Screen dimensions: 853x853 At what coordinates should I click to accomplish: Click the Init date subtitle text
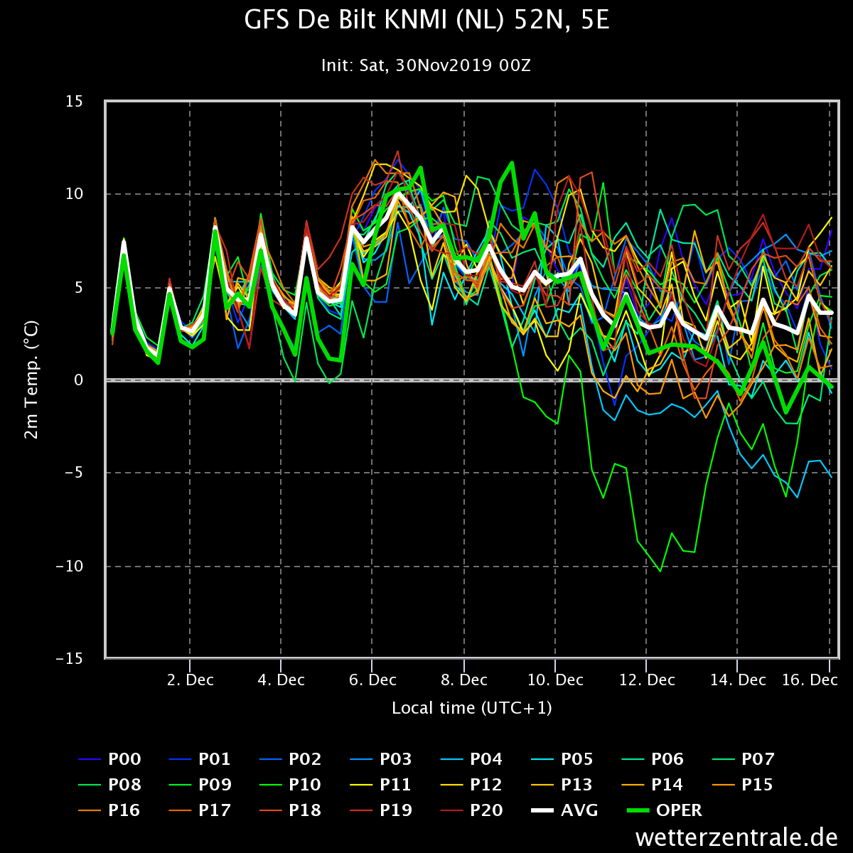pos(426,65)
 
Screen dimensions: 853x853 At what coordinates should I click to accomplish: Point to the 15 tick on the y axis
pos(74,102)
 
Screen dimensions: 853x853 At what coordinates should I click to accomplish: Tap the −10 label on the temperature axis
pos(70,566)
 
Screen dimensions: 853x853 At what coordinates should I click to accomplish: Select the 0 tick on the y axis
pos(78,380)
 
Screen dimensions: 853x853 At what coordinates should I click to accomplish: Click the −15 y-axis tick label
pos(70,659)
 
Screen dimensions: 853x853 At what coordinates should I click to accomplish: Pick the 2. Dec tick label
pos(191,680)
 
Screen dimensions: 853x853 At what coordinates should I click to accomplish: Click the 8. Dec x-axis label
pos(464,680)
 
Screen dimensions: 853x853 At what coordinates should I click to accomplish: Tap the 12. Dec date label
pos(647,680)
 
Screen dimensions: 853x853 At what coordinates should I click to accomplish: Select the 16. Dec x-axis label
pos(810,680)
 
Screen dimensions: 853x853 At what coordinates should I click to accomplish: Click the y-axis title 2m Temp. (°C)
pos(31,380)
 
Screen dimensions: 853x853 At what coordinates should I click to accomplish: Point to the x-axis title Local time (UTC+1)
pos(472,708)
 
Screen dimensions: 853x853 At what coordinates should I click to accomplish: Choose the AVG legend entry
pos(564,810)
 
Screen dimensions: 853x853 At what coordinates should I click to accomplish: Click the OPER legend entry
pos(665,810)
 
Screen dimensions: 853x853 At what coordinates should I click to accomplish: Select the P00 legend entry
pos(109,759)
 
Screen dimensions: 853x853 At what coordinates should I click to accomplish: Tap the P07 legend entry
pos(744,759)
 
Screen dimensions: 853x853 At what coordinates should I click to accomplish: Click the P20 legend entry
pos(471,810)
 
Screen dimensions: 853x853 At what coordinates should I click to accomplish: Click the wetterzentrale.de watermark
pos(736,837)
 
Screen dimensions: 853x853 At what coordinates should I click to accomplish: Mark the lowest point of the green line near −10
pos(660,571)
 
